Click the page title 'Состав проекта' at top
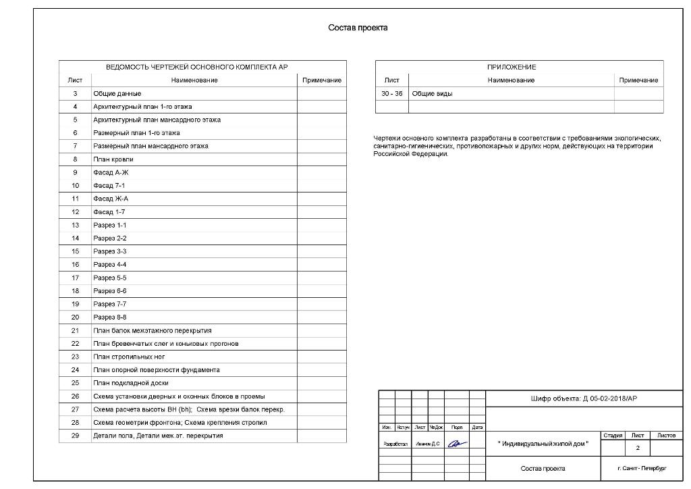(358, 28)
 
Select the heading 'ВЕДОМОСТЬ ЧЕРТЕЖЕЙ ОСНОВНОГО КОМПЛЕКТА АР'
(197, 68)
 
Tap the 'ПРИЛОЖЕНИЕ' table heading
(512, 68)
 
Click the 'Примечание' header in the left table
(322, 80)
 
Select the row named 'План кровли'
(113, 159)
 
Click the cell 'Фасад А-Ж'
(111, 173)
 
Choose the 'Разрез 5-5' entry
(110, 278)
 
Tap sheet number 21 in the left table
(76, 330)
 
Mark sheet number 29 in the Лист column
(76, 436)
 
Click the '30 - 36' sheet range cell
(391, 94)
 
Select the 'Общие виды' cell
(433, 94)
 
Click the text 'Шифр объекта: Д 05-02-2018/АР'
(584, 399)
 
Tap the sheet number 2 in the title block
(638, 448)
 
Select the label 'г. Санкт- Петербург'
(641, 468)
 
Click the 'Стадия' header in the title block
(613, 436)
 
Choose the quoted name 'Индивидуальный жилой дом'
(543, 444)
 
